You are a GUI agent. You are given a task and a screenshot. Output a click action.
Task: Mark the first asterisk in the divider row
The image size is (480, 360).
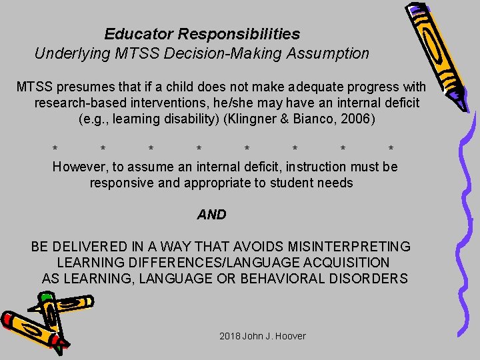pos(55,149)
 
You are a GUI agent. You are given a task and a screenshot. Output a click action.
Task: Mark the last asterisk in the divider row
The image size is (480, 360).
pos(391,149)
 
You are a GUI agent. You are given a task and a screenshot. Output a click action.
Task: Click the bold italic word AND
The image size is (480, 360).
pos(211,215)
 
